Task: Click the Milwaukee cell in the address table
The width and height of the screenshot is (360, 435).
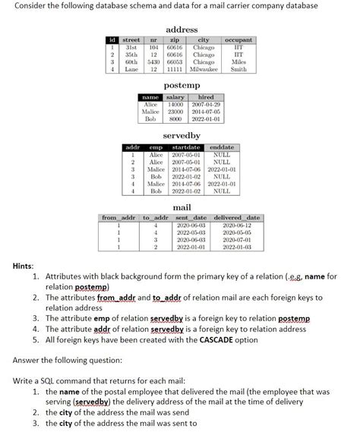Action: tap(203, 68)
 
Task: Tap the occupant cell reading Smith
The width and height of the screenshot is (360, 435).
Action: tap(238, 68)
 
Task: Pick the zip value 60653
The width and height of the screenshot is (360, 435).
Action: tap(173, 61)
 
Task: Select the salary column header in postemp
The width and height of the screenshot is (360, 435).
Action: tap(175, 98)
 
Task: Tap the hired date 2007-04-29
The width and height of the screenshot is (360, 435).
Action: tap(205, 105)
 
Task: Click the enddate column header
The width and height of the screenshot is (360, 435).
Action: tap(222, 147)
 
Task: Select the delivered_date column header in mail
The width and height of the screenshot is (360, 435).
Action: tap(237, 219)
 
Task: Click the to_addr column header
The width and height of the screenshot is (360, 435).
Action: tap(155, 219)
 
